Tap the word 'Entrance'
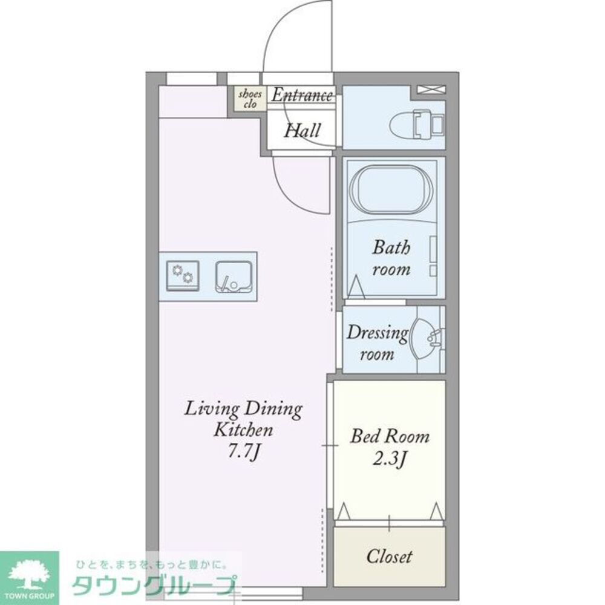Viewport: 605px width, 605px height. (x=301, y=95)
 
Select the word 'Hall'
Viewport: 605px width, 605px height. (x=302, y=130)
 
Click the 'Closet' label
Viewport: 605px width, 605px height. (x=390, y=557)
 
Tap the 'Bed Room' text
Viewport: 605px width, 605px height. (x=390, y=436)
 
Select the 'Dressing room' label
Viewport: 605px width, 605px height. (x=376, y=343)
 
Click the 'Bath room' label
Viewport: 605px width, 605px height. (x=391, y=258)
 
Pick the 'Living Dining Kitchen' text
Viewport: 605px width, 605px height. (x=243, y=419)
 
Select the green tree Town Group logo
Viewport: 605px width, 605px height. (x=29, y=577)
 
